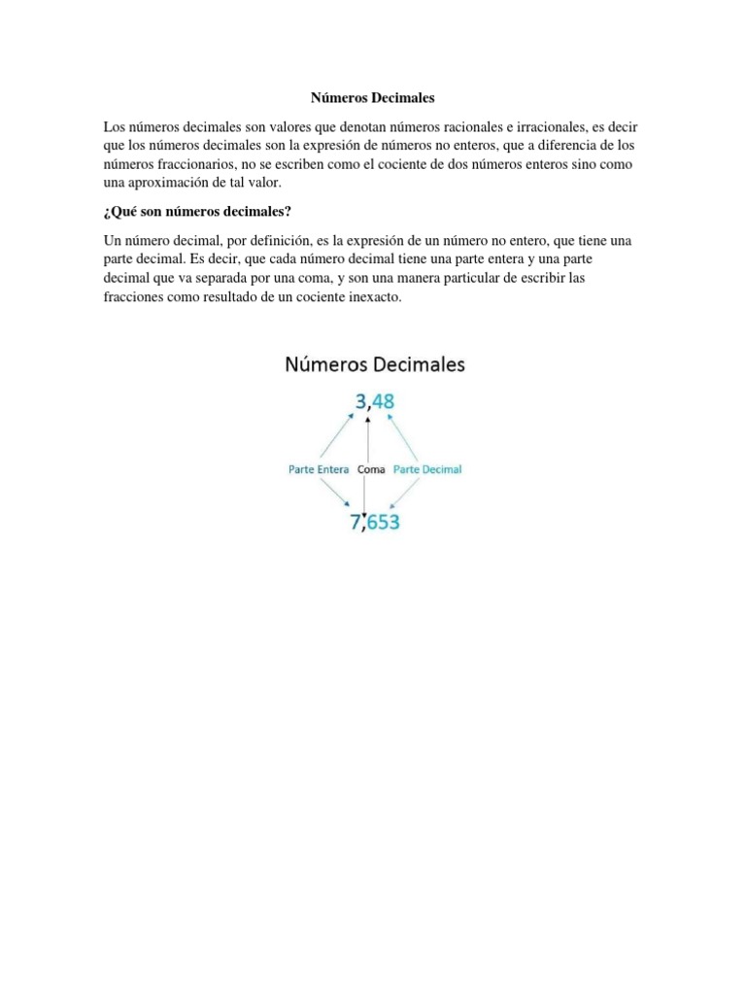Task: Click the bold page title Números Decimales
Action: [x=372, y=98]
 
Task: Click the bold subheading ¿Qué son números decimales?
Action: [x=197, y=212]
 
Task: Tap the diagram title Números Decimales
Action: [x=374, y=365]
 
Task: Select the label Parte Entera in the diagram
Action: [x=320, y=469]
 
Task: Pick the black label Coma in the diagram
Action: [x=371, y=469]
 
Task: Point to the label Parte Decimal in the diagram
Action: [x=427, y=469]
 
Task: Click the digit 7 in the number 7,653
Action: [x=356, y=522]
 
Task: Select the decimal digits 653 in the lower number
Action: [x=383, y=522]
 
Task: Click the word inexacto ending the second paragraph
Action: [x=373, y=296]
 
